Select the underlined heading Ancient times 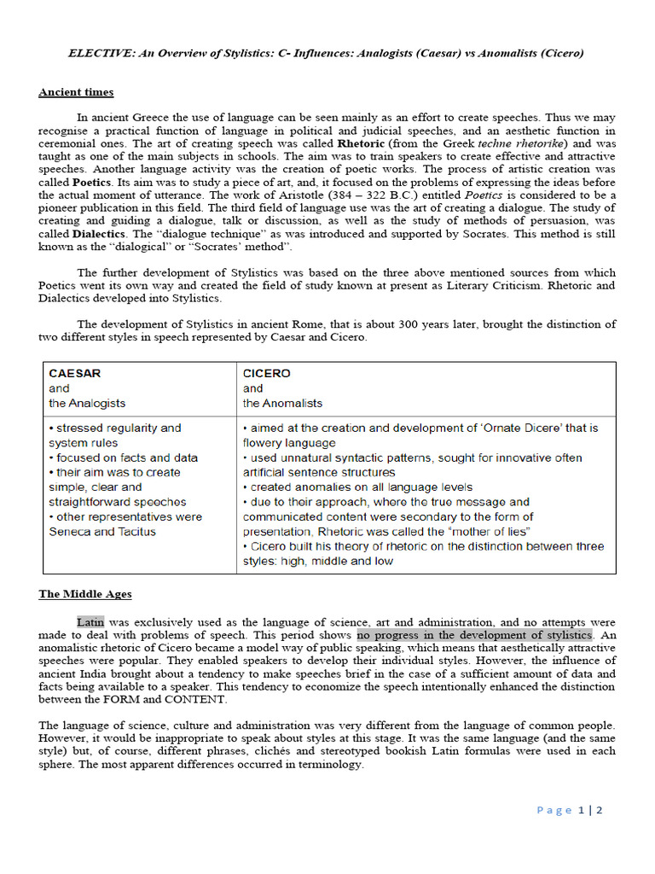[76, 92]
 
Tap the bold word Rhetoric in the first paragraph [362, 144]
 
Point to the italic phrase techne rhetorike [519, 144]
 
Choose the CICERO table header [266, 373]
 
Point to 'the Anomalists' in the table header [282, 403]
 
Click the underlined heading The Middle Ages [85, 594]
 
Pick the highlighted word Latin [90, 622]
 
